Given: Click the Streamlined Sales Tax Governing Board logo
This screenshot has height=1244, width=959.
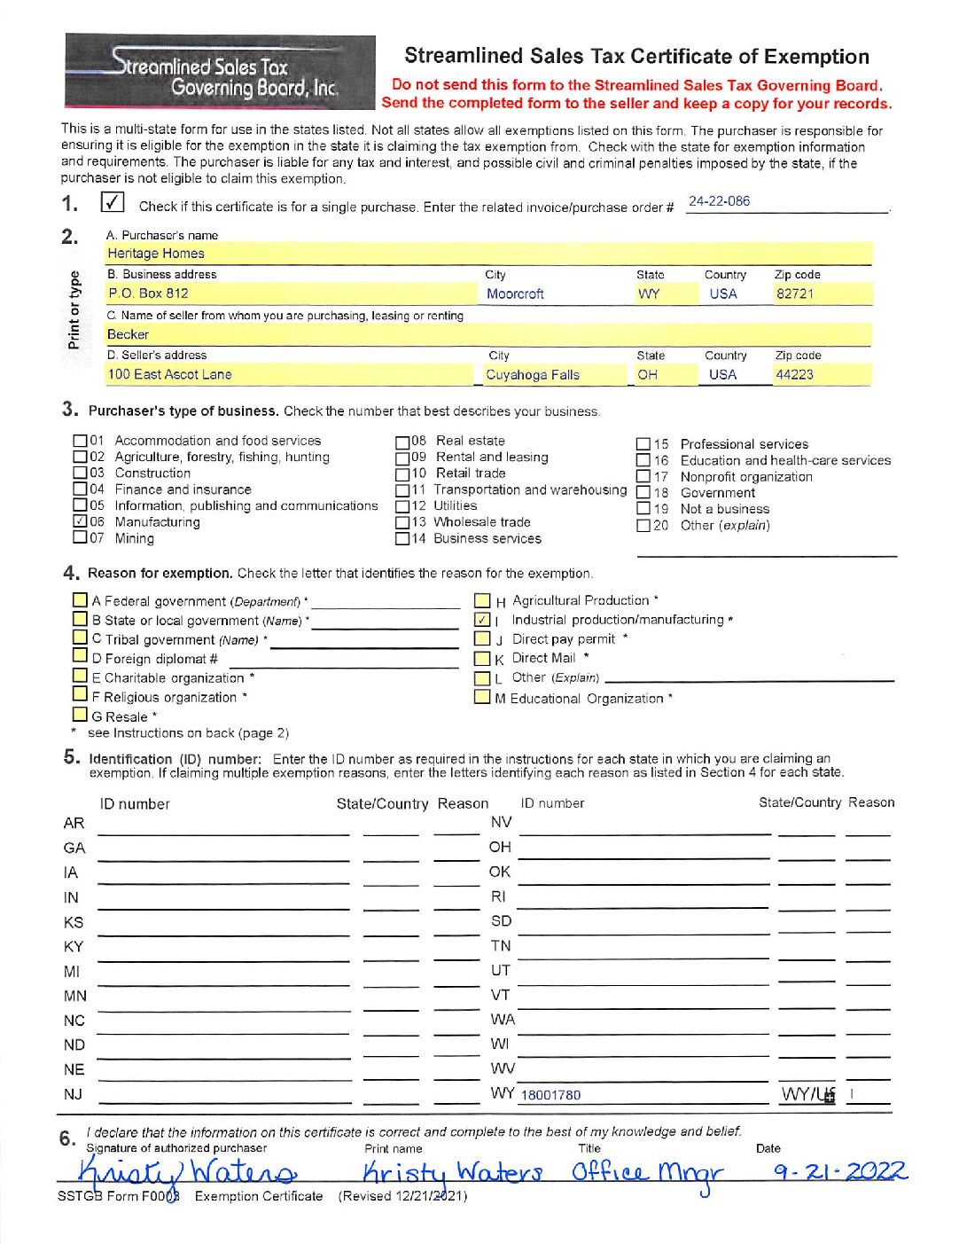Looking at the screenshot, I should [x=220, y=71].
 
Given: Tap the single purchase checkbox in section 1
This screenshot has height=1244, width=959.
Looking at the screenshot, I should [x=113, y=202].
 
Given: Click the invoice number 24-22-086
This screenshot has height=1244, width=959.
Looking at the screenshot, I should [x=719, y=201].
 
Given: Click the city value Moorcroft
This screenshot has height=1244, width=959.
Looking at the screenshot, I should [x=515, y=293].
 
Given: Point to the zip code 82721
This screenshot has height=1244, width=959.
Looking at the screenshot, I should [x=794, y=293].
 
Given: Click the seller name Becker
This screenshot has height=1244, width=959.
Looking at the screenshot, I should [x=129, y=334].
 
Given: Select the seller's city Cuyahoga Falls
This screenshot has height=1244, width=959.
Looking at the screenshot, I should [x=533, y=375].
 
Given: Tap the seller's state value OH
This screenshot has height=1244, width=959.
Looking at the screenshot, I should [x=648, y=375].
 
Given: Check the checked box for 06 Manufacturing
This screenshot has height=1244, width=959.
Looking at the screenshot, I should [x=80, y=521].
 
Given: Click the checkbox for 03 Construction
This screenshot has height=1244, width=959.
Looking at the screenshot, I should [x=80, y=473].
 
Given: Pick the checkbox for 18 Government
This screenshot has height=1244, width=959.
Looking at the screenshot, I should [x=643, y=493].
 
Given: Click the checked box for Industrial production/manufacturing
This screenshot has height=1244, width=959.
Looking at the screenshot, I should [x=482, y=620].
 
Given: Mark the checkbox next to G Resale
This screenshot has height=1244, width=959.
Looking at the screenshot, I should [x=81, y=715].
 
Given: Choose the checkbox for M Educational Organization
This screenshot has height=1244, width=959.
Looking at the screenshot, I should [x=482, y=697].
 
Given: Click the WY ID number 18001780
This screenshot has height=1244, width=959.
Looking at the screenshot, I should [x=550, y=1095].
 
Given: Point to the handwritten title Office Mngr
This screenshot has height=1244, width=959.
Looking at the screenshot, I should [x=647, y=1173].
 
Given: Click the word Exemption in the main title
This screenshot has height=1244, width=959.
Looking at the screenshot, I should [x=816, y=57].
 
